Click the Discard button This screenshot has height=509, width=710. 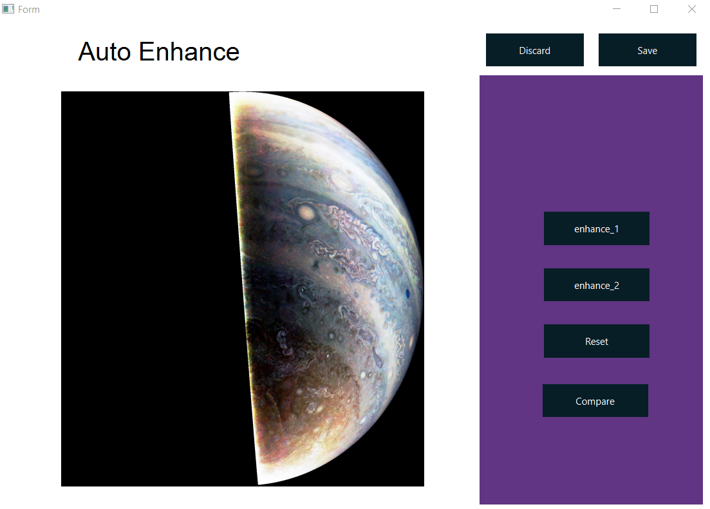[x=534, y=50]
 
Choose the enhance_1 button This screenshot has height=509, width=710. [x=596, y=228]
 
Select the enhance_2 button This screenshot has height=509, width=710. [x=596, y=285]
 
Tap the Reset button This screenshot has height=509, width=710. [x=596, y=341]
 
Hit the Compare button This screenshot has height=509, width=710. [x=595, y=401]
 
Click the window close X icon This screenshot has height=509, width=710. [x=692, y=9]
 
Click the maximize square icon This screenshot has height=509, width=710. [x=654, y=9]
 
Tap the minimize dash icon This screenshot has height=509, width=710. [x=617, y=9]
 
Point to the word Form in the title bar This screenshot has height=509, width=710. [x=29, y=10]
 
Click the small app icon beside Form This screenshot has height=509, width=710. [x=8, y=9]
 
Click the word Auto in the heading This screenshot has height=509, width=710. [x=104, y=51]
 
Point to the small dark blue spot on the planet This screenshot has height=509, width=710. [x=407, y=294]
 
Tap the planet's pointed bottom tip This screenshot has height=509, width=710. [x=259, y=483]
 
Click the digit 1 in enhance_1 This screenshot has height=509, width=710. [x=616, y=228]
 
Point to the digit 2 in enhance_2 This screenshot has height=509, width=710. [x=616, y=285]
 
